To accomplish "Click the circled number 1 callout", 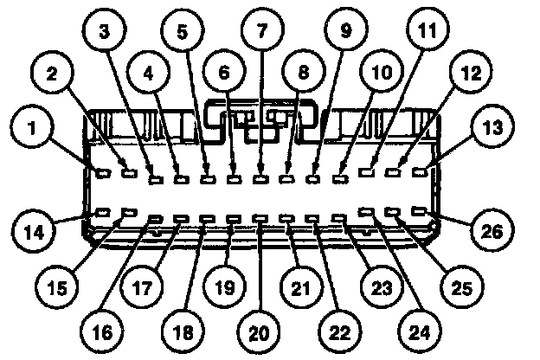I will [33, 130].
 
